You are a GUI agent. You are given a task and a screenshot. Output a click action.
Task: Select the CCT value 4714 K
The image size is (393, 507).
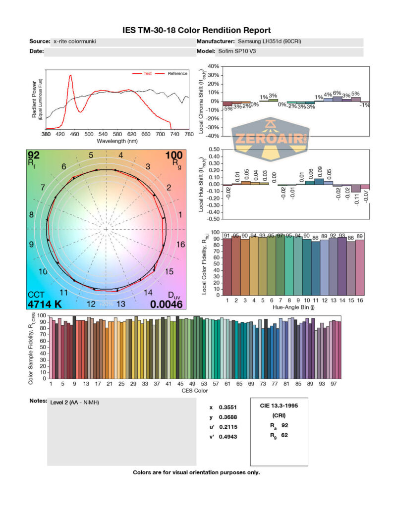tap(45, 304)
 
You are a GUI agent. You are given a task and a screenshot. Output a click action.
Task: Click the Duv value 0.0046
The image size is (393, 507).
tap(167, 304)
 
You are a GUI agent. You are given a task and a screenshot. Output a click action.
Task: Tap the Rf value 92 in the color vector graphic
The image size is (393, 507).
tap(34, 154)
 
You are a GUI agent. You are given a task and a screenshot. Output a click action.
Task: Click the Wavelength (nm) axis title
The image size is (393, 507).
tap(117, 141)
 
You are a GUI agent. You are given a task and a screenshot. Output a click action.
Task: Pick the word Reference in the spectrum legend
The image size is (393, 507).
tap(177, 73)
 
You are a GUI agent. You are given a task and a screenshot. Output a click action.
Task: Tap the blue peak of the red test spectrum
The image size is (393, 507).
tap(71, 76)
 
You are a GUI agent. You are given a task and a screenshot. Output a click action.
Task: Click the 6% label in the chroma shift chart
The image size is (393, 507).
tap(337, 93)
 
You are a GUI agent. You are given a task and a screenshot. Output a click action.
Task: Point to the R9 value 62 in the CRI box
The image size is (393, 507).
tap(284, 435)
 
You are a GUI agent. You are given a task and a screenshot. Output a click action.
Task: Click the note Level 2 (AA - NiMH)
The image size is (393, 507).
tap(74, 403)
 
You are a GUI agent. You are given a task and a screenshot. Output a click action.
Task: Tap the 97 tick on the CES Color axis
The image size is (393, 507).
tap(335, 383)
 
